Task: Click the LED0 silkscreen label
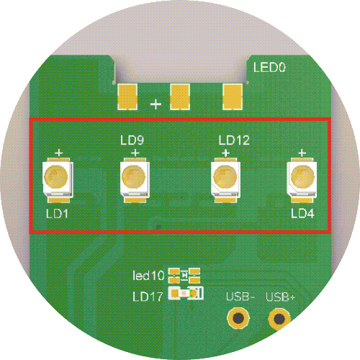[x=269, y=68]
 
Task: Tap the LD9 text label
[x=132, y=140]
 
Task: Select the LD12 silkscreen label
[x=234, y=140]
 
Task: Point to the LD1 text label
[x=57, y=213]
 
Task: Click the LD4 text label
[x=302, y=213]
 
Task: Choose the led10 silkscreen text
[x=148, y=276]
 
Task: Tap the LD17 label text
[x=148, y=297]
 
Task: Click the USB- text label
[x=240, y=297]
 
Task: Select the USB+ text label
[x=280, y=297]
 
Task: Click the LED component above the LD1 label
[x=58, y=180]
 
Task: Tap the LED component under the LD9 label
[x=135, y=180]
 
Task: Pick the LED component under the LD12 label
[x=225, y=180]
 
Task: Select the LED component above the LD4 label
[x=302, y=180]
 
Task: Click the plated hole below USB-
[x=238, y=318]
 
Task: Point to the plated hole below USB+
[x=279, y=319]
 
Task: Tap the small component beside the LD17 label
[x=186, y=293]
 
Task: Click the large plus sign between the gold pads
[x=156, y=104]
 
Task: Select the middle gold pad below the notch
[x=180, y=96]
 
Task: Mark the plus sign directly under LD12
[x=225, y=153]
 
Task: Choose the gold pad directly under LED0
[x=233, y=96]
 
